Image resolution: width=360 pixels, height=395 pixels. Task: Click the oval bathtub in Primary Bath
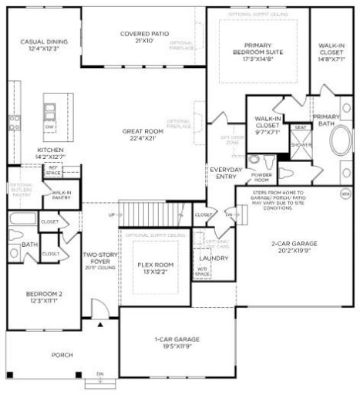[339, 143]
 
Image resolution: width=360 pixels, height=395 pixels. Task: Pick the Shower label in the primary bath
[301, 144]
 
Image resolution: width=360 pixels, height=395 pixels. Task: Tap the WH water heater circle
[345, 193]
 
